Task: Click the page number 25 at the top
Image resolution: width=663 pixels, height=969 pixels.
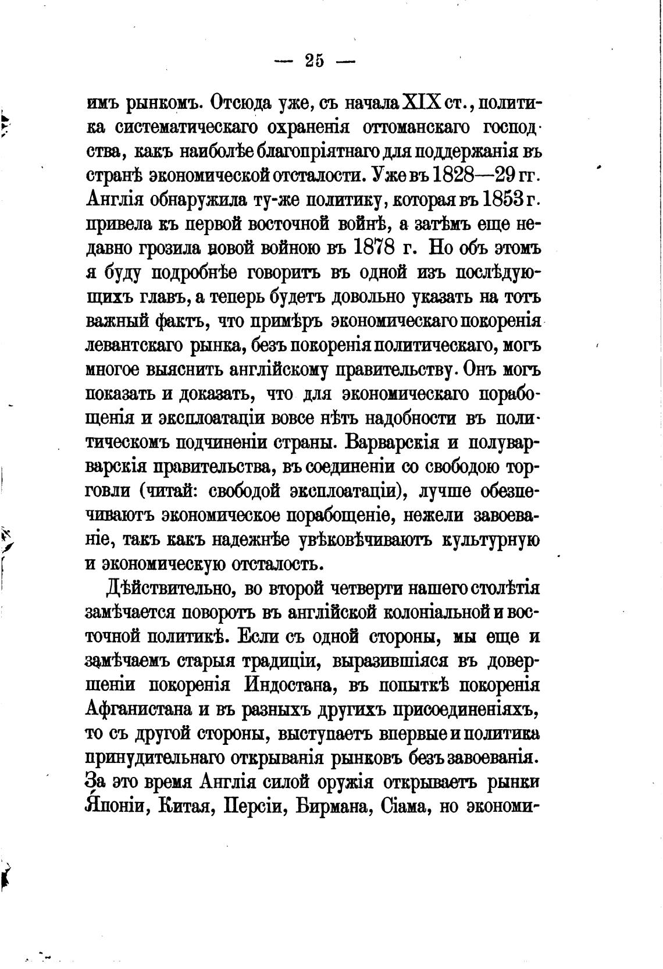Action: point(314,61)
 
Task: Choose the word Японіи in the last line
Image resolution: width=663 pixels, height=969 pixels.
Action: point(115,808)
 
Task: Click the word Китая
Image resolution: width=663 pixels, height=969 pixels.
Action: point(186,808)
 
